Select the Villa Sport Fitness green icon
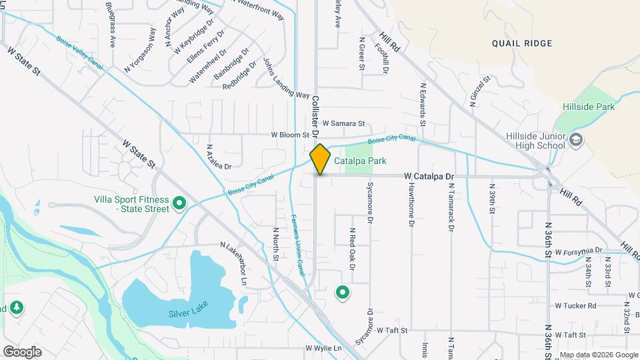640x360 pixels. point(179,203)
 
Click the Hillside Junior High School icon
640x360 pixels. point(576,140)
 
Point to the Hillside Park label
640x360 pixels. point(587,106)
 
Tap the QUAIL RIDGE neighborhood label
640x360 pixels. point(522,43)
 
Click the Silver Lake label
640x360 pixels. point(188,308)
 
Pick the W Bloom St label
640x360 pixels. point(290,135)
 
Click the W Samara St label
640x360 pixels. point(343,123)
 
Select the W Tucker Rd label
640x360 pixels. point(575,306)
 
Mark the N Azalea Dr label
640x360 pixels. point(219,157)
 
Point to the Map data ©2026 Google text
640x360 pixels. point(598,355)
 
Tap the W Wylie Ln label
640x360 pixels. point(323,348)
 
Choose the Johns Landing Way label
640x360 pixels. point(287,77)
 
